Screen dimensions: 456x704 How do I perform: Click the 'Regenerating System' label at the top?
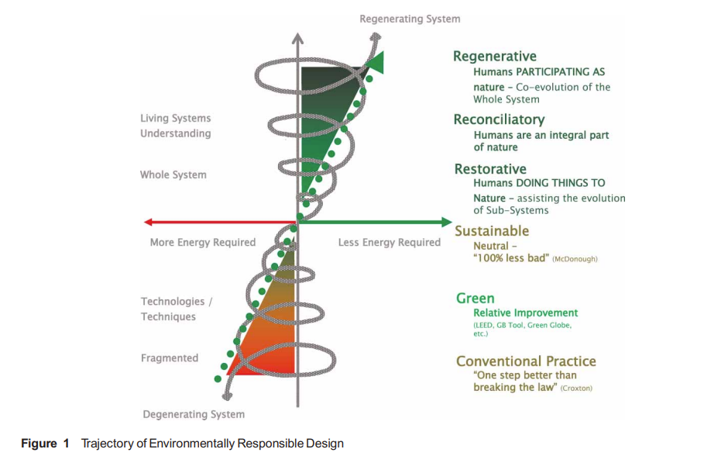(410, 19)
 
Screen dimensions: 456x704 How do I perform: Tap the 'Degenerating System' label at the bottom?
(194, 414)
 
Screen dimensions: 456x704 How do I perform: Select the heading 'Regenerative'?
(494, 56)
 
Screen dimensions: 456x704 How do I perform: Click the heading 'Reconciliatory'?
(499, 119)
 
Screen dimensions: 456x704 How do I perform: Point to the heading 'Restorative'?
(489, 169)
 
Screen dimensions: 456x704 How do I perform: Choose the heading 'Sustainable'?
(492, 231)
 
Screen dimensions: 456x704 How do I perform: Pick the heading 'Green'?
(475, 299)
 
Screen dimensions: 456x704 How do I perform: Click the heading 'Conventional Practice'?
(526, 361)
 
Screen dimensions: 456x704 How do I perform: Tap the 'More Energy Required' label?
(202, 243)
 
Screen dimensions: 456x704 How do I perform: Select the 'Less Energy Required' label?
(389, 243)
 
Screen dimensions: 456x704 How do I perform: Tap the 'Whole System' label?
(173, 175)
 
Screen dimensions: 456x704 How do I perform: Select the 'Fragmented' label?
(169, 358)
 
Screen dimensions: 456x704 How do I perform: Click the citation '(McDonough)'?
(575, 258)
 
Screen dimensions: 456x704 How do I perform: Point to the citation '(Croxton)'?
(576, 388)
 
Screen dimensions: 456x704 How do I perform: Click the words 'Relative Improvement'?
(525, 313)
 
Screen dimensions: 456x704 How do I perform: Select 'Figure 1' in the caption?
(39, 444)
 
